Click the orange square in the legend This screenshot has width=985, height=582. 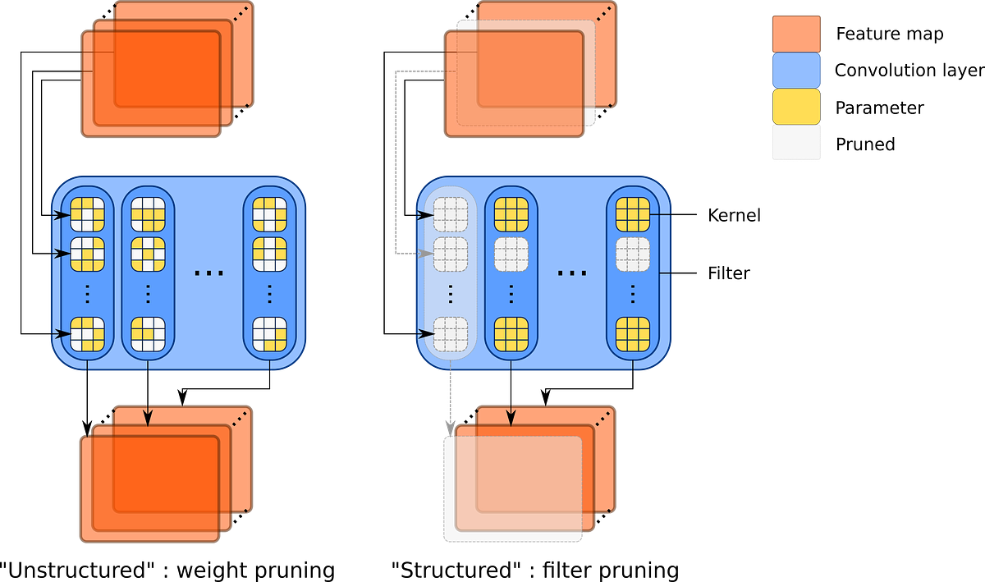(x=796, y=34)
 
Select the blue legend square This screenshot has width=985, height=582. (x=796, y=70)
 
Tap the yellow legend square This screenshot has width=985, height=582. (x=796, y=106)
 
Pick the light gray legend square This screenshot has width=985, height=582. (x=796, y=142)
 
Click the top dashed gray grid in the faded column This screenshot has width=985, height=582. (x=450, y=215)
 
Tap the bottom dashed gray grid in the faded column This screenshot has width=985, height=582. (x=450, y=334)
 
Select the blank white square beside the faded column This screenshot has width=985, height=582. (x=511, y=254)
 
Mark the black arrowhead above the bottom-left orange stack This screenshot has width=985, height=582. (x=148, y=419)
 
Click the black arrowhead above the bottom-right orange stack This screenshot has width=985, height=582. (x=510, y=419)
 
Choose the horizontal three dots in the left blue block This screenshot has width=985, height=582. (x=208, y=272)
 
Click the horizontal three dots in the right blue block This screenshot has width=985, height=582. (x=571, y=272)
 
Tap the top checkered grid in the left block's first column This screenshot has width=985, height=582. (x=87, y=215)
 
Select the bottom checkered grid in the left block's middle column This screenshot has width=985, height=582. (x=148, y=334)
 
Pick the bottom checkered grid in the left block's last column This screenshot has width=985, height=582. (x=269, y=334)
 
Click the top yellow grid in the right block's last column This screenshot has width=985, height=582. (x=632, y=215)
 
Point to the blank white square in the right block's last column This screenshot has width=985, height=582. (x=632, y=254)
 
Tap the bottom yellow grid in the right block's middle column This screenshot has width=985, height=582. (x=511, y=334)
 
